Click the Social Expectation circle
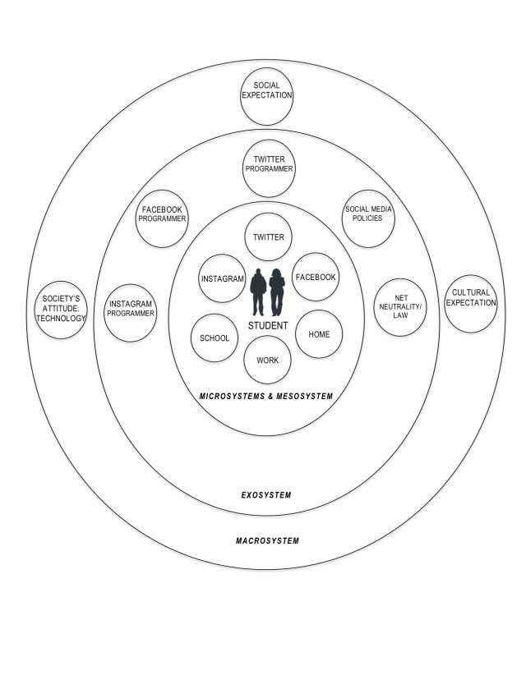(x=267, y=90)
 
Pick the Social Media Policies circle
(x=368, y=218)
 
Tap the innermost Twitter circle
(x=268, y=237)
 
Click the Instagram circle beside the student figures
(x=223, y=278)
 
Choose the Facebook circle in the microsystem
(x=315, y=278)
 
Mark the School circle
(x=214, y=338)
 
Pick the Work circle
(x=267, y=360)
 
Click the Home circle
(x=318, y=335)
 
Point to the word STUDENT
(x=268, y=326)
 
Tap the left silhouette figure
(x=258, y=292)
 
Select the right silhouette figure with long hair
(x=277, y=292)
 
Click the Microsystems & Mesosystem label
(x=266, y=397)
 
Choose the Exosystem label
(x=266, y=495)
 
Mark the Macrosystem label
(x=267, y=540)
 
